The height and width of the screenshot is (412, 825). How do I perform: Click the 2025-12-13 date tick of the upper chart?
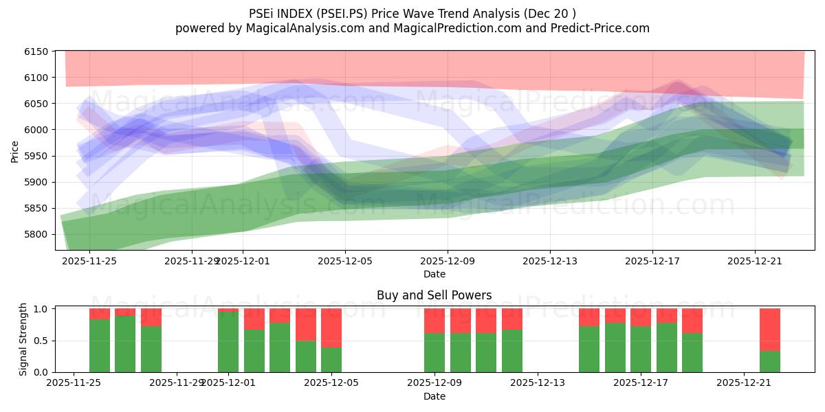click(x=550, y=261)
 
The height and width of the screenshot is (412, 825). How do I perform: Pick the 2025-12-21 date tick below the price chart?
click(x=755, y=261)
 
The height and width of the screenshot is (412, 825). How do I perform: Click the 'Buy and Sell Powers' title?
click(x=434, y=296)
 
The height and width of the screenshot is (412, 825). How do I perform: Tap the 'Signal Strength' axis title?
click(x=23, y=339)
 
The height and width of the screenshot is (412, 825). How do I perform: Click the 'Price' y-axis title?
click(x=15, y=151)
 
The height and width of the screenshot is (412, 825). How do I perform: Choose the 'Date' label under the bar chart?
click(x=434, y=396)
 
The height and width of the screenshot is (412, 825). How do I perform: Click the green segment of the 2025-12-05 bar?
click(x=331, y=360)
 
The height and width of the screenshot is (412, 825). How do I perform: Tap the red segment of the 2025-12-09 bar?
click(x=434, y=321)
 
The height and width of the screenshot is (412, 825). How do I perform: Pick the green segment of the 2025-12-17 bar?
click(x=641, y=350)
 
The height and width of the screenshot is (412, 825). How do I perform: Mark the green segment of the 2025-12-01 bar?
click(x=228, y=342)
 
